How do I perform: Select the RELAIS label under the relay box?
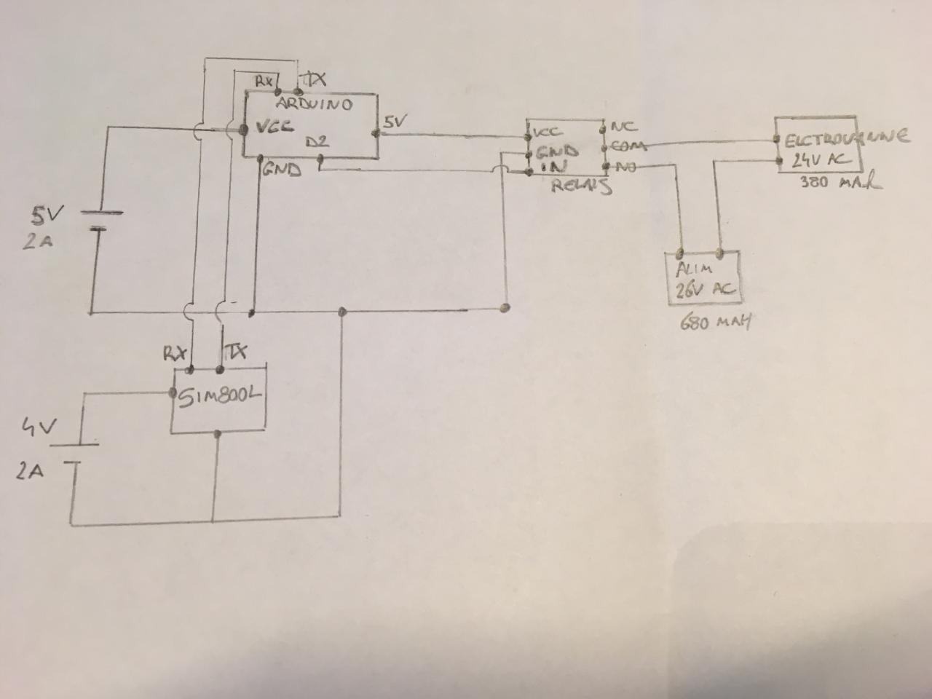pyautogui.click(x=580, y=186)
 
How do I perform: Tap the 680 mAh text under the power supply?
pyautogui.click(x=715, y=321)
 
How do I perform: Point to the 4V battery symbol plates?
pyautogui.click(x=76, y=453)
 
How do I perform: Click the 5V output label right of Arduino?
pyautogui.click(x=394, y=122)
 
